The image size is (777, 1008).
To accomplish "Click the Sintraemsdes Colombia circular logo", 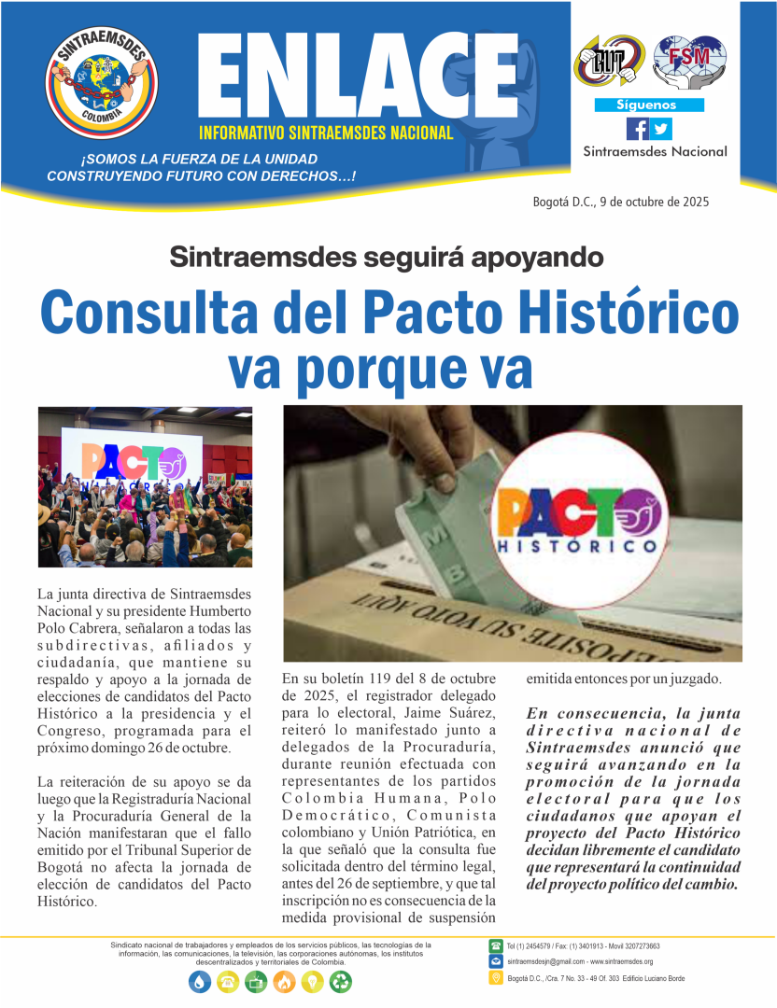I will coord(102,83).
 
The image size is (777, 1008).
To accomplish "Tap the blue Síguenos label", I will coord(649,105).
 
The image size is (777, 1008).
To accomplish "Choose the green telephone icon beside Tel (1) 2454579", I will coord(496,945).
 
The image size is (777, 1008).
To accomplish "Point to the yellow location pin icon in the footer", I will coord(496,978).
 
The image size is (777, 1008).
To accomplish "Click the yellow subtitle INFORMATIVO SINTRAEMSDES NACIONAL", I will coord(326,133).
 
